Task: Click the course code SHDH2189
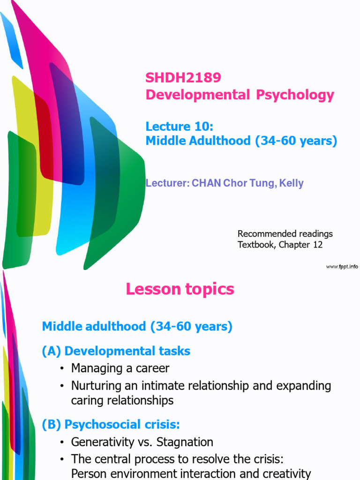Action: (183, 77)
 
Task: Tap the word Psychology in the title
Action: (295, 95)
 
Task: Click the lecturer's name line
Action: (225, 183)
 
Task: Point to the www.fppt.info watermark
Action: (342, 267)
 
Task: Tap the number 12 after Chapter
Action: (317, 245)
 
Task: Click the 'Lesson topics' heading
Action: (180, 289)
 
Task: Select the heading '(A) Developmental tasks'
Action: (116, 351)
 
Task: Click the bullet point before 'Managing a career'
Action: (62, 368)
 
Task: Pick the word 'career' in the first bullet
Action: (152, 368)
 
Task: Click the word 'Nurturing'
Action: (95, 386)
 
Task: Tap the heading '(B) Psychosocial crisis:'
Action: (111, 425)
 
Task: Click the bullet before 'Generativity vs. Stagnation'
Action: (62, 442)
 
